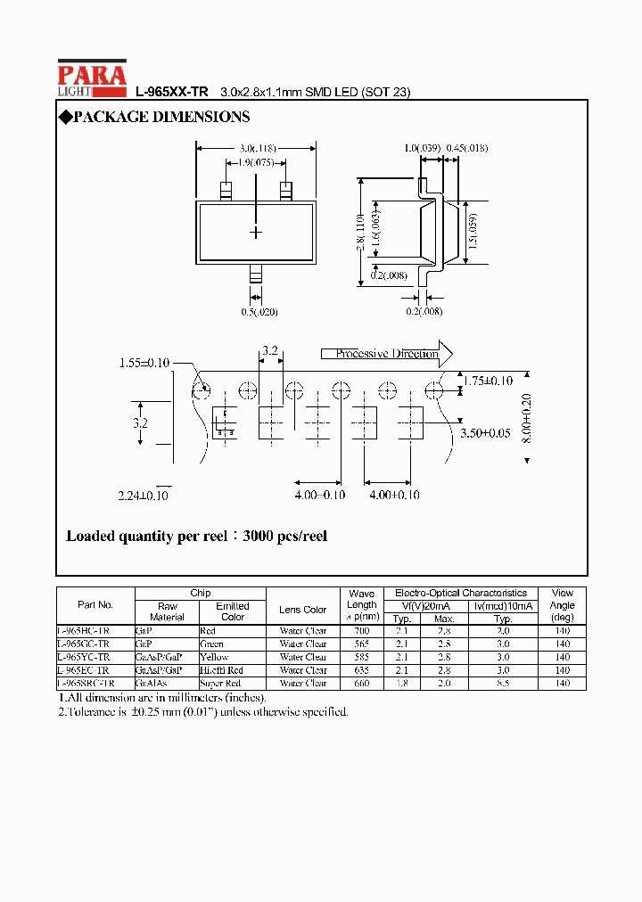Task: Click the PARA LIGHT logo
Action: click(92, 78)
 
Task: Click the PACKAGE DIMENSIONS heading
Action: click(153, 117)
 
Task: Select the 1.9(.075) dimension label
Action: click(257, 162)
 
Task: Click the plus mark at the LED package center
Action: click(256, 232)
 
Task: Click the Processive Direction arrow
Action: click(387, 354)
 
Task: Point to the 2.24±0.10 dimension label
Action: click(144, 495)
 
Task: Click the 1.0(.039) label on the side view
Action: click(420, 148)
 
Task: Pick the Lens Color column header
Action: click(302, 610)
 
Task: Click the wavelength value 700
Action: click(362, 630)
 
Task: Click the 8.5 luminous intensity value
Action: click(503, 683)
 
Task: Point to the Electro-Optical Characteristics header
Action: click(461, 593)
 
